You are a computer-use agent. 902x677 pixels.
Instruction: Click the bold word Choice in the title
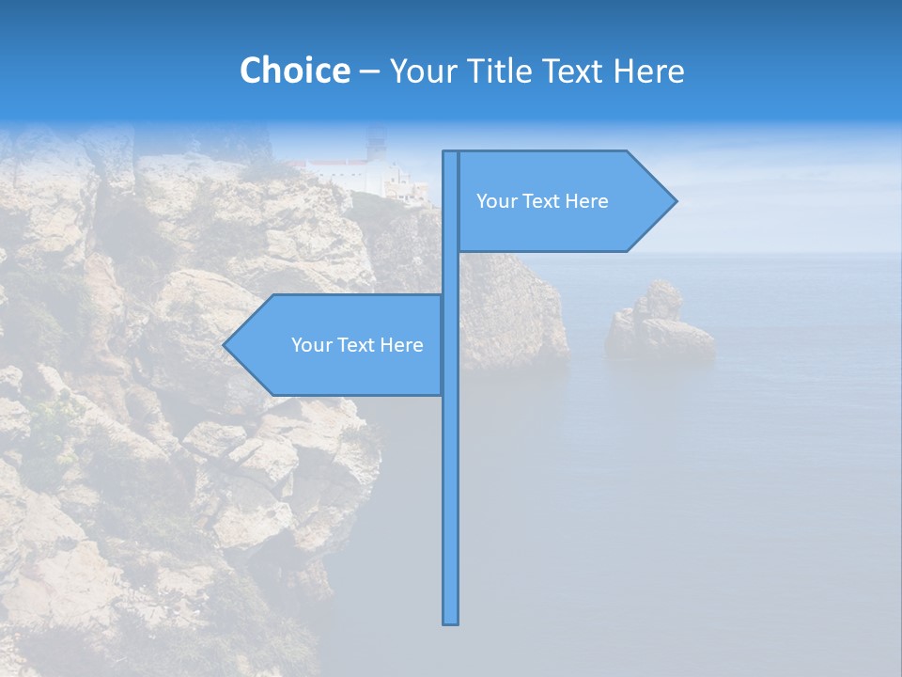coord(294,71)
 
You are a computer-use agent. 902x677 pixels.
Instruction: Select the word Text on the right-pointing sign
coord(542,201)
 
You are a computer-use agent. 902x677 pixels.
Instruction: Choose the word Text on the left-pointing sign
coord(357,345)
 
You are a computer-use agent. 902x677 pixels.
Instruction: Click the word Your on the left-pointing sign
coord(311,345)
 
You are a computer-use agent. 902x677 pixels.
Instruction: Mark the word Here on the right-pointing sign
coord(586,201)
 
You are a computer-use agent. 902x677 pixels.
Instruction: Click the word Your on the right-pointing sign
coord(496,201)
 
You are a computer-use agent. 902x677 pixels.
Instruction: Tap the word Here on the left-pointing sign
coord(401,345)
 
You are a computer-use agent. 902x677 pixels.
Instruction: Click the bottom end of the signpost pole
coord(451,621)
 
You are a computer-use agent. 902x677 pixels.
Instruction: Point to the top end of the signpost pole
coord(451,154)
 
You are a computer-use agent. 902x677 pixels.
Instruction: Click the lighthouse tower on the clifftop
coord(376,146)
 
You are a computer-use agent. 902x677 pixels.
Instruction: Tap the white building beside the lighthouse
coord(343,175)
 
